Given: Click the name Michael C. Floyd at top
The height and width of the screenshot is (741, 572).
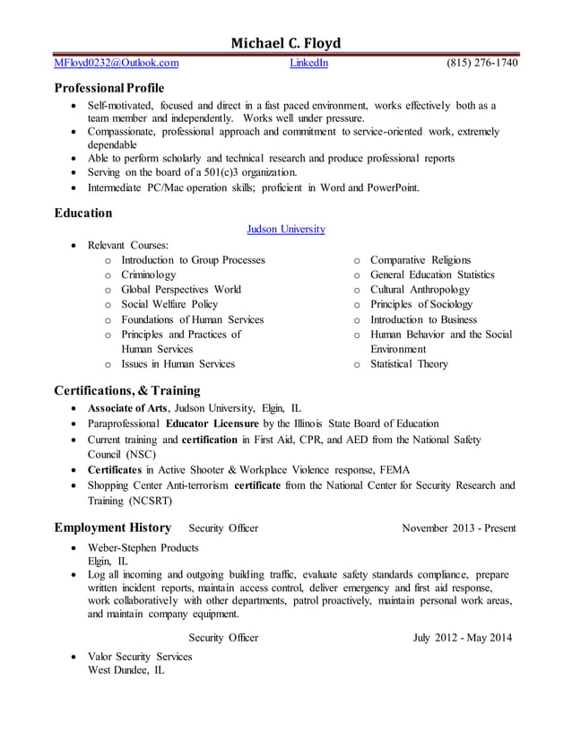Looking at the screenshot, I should click(x=286, y=42).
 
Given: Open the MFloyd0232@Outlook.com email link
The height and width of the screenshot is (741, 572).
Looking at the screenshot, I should click(x=117, y=63).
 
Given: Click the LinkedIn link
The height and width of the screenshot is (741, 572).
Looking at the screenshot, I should click(x=308, y=63).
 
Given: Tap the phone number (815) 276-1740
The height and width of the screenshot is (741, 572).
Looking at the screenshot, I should click(x=481, y=63).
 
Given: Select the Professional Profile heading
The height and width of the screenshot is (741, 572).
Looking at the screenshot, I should click(x=109, y=89).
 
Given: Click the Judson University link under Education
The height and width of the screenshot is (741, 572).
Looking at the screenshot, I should click(x=286, y=230).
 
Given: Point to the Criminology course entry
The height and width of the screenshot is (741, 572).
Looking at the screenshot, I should click(x=149, y=275).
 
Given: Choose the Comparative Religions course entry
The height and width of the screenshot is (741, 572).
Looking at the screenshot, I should click(x=420, y=260).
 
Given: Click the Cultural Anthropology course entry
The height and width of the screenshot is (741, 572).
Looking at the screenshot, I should click(x=420, y=290).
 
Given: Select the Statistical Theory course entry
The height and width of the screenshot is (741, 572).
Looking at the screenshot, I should click(x=409, y=364).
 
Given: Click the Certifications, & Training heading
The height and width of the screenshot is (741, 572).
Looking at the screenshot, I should click(x=127, y=390).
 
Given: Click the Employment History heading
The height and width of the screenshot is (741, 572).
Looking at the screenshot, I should click(x=113, y=527).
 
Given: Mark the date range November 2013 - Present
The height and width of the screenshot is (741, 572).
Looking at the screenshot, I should click(x=459, y=528).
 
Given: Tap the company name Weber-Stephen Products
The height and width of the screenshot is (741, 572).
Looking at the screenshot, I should click(x=143, y=547).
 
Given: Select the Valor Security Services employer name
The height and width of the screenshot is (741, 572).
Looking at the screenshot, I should click(x=140, y=657).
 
